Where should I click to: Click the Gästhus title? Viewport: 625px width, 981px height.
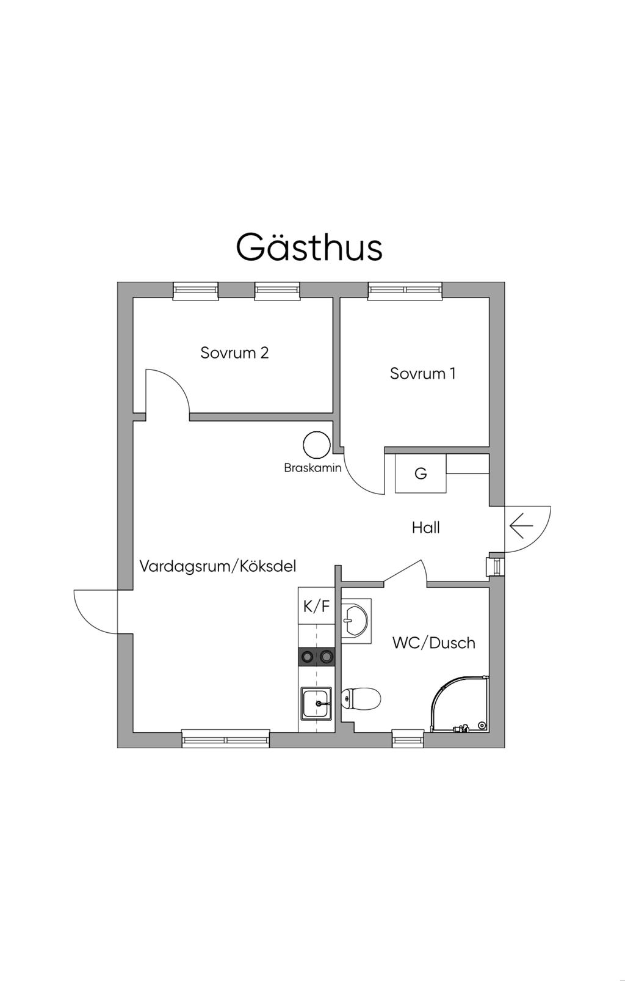(309, 247)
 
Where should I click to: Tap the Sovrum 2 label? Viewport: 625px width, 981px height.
(234, 353)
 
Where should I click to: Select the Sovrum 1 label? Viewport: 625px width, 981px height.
(422, 374)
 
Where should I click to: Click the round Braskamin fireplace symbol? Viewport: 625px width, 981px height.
(317, 445)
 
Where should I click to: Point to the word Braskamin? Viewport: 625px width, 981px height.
(312, 469)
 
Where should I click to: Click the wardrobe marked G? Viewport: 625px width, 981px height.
(421, 473)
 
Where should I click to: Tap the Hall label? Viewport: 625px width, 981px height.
(425, 528)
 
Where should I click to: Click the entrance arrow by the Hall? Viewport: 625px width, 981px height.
(521, 526)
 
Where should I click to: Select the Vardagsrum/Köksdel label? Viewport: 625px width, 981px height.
(218, 566)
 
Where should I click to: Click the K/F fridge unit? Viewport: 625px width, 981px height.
(316, 606)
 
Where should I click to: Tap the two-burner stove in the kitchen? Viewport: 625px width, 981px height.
(316, 657)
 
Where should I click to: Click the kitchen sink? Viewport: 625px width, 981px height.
(316, 703)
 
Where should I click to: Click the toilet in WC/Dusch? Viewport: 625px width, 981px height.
(361, 698)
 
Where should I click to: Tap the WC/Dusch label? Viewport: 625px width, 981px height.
(433, 643)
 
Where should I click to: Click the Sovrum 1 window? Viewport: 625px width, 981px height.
(405, 291)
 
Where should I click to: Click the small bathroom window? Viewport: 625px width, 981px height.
(407, 739)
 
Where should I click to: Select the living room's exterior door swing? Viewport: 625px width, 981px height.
(95, 611)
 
